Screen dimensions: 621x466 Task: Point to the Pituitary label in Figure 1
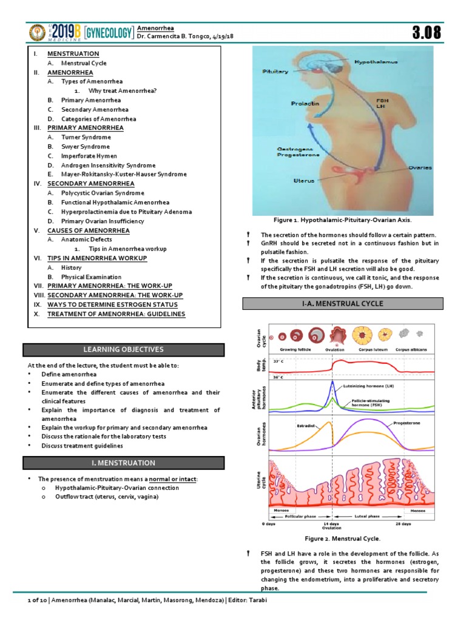tap(275, 72)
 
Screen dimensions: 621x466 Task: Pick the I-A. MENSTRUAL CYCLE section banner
tap(343, 303)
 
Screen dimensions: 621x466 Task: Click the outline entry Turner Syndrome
tap(86, 137)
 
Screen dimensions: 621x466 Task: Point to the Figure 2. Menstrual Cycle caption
tap(343, 539)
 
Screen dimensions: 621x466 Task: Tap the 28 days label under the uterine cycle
tap(402, 523)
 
